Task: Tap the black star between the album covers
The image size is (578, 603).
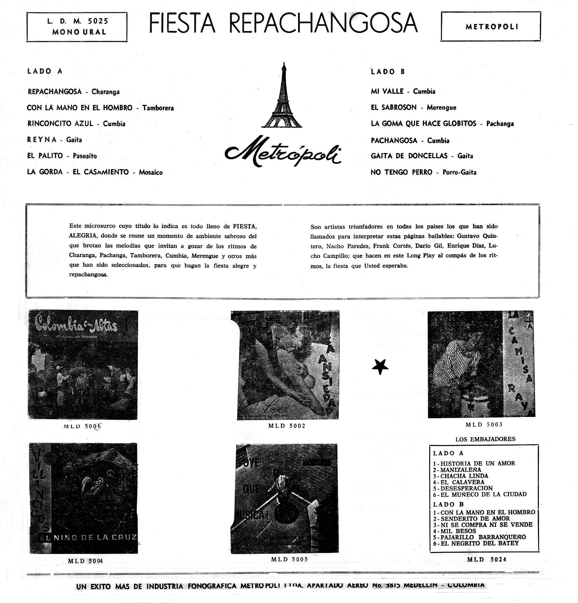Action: click(x=380, y=367)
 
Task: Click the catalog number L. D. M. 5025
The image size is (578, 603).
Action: click(x=78, y=21)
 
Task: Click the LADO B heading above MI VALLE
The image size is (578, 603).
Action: click(x=388, y=72)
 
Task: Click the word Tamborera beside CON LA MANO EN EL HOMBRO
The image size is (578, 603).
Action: click(x=158, y=108)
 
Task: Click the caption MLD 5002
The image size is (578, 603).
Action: click(x=286, y=426)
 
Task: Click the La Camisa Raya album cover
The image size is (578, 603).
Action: click(x=481, y=364)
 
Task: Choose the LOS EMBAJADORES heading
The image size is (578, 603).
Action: click(x=485, y=439)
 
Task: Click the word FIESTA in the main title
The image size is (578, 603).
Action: click(x=182, y=24)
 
